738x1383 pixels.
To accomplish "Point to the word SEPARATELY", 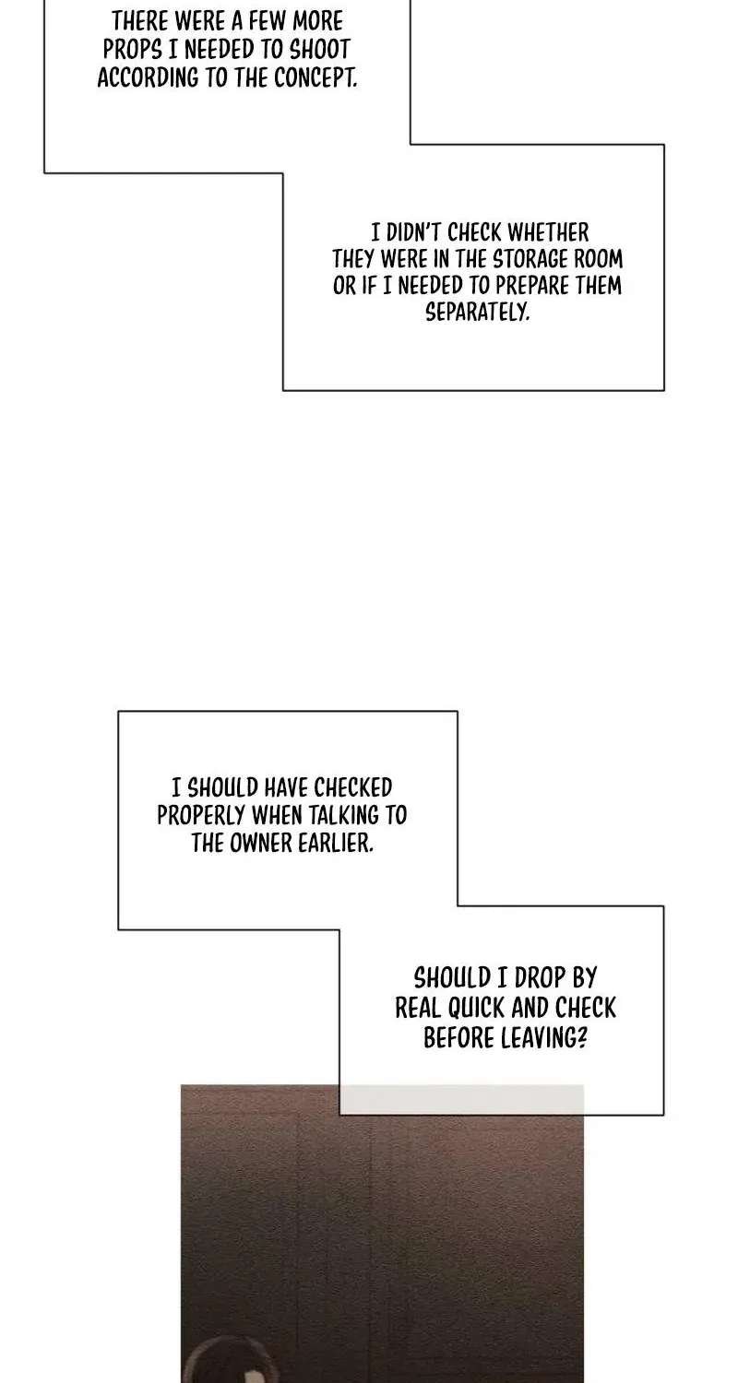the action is (477, 312).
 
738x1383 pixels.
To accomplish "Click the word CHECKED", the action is (352, 787).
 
